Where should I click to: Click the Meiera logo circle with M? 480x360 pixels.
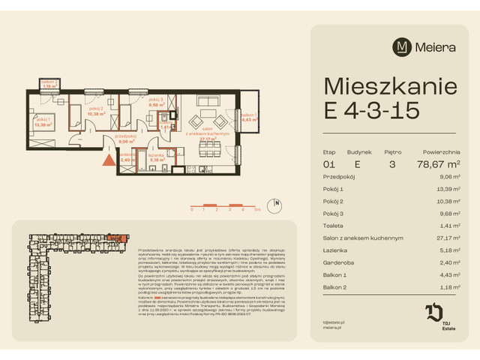click(x=403, y=46)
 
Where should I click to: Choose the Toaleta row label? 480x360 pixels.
click(x=335, y=224)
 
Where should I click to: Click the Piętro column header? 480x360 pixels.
click(x=393, y=151)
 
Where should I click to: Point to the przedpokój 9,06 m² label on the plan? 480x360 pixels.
click(x=126, y=138)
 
